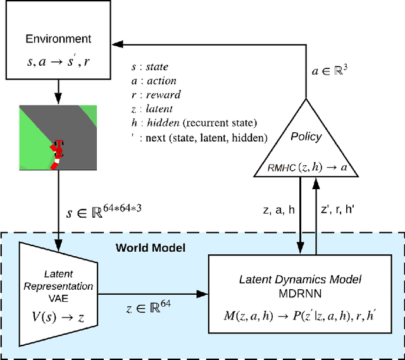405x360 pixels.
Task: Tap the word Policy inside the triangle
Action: point(306,137)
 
